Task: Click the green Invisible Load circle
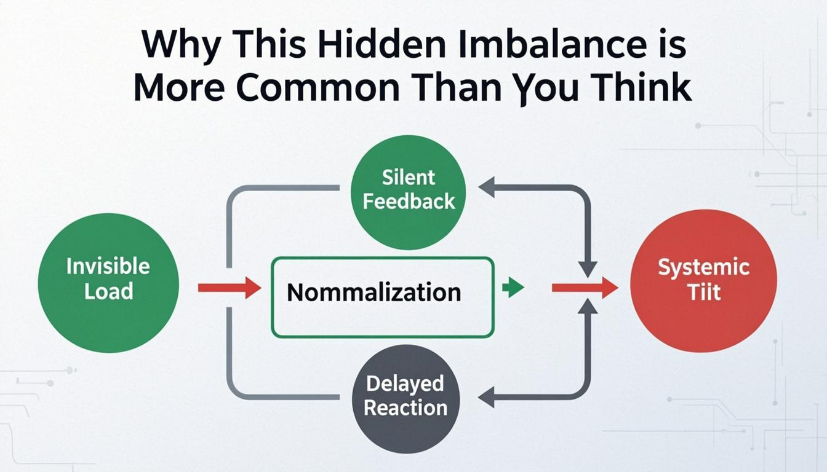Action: point(108,283)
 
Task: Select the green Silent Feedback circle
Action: point(408,192)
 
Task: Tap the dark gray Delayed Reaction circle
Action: point(406,398)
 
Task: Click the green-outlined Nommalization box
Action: point(382,297)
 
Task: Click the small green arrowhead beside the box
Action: point(513,288)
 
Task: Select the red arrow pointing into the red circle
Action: point(585,288)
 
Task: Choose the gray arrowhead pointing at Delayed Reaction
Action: point(487,398)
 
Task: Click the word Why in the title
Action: point(176,47)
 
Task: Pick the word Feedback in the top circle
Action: point(409,202)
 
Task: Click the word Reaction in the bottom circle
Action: point(406,408)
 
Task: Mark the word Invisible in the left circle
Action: point(108,267)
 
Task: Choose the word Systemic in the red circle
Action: point(704,267)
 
